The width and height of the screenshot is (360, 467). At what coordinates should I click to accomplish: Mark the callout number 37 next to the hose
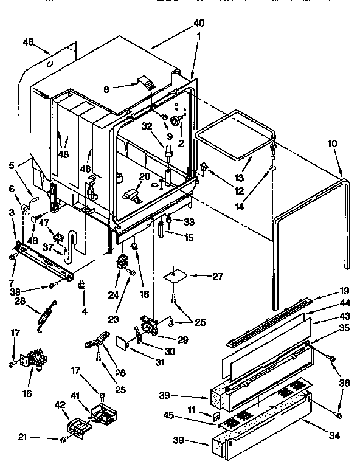(47, 248)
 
